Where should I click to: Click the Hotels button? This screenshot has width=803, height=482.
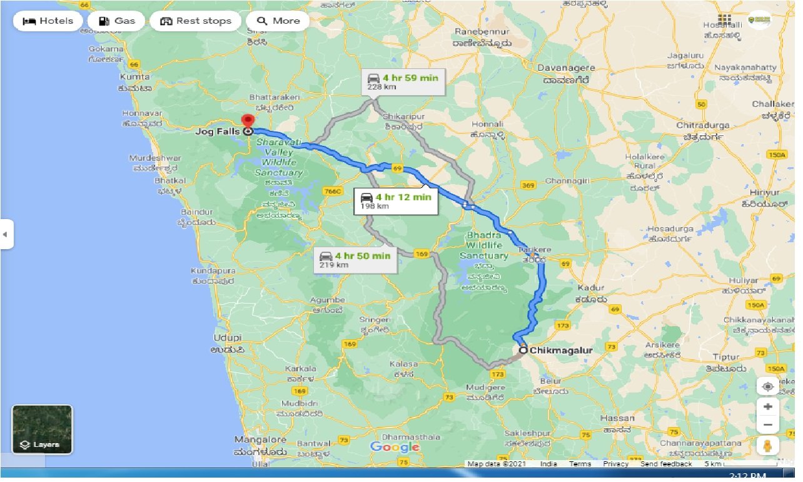48,21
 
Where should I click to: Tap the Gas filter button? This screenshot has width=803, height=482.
116,21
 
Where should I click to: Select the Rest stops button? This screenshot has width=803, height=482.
195,21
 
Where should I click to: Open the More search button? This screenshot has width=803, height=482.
278,21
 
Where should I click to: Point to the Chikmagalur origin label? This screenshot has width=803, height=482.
560,351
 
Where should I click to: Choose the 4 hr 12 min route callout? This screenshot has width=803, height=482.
395,200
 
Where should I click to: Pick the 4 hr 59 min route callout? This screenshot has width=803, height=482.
403,81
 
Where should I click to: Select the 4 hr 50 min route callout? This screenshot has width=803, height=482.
355,259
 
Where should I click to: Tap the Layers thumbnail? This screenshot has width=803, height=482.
43,429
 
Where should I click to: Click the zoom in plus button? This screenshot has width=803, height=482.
767,406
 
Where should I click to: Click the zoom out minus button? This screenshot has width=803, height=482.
767,425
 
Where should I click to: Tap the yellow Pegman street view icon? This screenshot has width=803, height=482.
767,446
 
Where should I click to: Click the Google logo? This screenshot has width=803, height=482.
395,447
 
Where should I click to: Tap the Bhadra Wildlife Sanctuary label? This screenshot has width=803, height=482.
484,245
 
